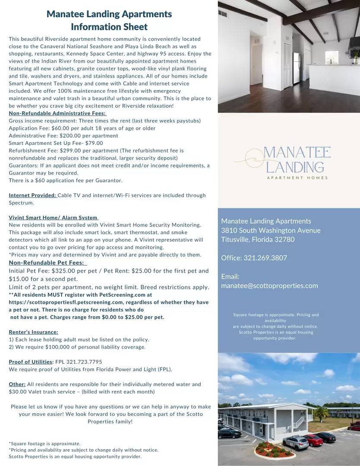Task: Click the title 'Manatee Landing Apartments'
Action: coord(109,14)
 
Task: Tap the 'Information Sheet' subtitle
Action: coord(109,27)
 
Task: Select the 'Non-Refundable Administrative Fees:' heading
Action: coord(57,113)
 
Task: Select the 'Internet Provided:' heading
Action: coord(32,195)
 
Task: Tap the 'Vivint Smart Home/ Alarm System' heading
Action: coord(53,217)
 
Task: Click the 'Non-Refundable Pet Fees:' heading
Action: coord(47,263)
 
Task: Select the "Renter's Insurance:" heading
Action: coord(33,332)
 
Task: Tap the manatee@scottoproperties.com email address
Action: coord(269,285)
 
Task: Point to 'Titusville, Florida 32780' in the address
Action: coord(258,239)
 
